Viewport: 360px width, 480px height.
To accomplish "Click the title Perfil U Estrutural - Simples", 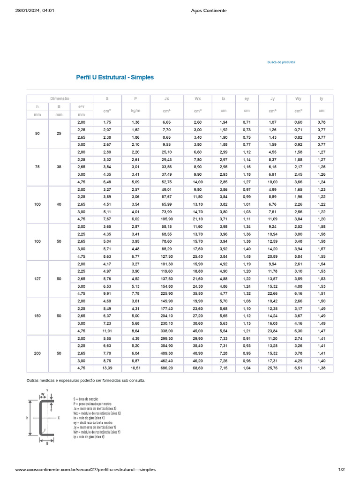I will pyautogui.click(x=115, y=77).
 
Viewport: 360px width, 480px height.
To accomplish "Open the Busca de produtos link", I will pyautogui.click(x=281, y=62).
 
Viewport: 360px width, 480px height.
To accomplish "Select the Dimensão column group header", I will pyautogui.click(x=60, y=99).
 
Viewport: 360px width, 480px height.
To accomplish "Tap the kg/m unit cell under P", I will pyautogui.click(x=135, y=111).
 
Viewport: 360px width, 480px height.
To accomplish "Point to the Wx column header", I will pyautogui.click(x=198, y=99).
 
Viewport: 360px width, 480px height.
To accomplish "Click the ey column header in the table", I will pyautogui.click(x=247, y=99).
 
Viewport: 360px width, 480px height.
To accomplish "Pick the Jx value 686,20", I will pyautogui.click(x=166, y=368).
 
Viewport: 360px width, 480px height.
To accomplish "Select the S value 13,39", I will pyautogui.click(x=107, y=368).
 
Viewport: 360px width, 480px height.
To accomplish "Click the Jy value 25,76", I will pyautogui.click(x=272, y=368).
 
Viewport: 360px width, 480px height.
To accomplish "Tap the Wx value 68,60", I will pyautogui.click(x=198, y=368).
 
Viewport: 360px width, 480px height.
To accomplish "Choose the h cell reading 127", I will pyautogui.click(x=37, y=279).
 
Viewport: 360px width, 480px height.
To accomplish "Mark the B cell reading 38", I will pyautogui.click(x=59, y=167).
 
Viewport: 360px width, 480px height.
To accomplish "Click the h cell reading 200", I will pyautogui.click(x=37, y=353).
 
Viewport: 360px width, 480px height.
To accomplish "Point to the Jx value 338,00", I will pyautogui.click(x=166, y=331).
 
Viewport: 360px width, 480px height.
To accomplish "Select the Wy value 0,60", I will pyautogui.click(x=298, y=122).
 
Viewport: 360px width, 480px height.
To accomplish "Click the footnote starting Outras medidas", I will pyautogui.click(x=86, y=381).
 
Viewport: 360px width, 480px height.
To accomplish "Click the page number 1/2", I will pyautogui.click(x=341, y=469).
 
